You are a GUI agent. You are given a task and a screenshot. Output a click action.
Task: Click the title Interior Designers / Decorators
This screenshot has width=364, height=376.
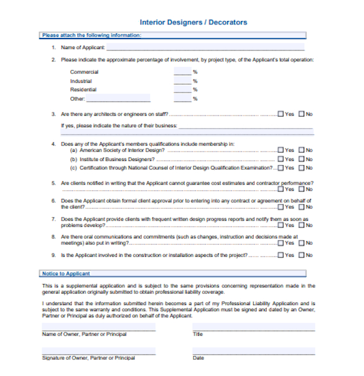pyautogui.click(x=193, y=22)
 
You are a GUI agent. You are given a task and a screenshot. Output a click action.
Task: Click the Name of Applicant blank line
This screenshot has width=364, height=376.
pyautogui.click(x=205, y=48)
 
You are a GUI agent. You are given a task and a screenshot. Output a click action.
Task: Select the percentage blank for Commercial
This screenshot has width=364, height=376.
pyautogui.click(x=182, y=72)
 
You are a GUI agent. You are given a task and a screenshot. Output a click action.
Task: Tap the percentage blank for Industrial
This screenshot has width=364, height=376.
pyautogui.click(x=182, y=81)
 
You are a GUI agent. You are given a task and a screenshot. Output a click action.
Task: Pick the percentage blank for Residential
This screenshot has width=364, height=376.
pyautogui.click(x=182, y=89)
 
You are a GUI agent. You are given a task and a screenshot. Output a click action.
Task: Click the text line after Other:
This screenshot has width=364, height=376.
pyautogui.click(x=118, y=99)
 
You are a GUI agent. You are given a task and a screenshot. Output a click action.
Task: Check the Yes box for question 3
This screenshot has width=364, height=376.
pyautogui.click(x=281, y=114)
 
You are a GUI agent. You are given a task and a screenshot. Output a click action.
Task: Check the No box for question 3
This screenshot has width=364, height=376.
pyautogui.click(x=302, y=114)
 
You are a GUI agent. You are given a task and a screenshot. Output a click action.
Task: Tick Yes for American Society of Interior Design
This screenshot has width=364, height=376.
pyautogui.click(x=281, y=150)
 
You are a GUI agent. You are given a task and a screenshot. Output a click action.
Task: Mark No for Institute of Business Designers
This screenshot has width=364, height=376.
pyautogui.click(x=302, y=159)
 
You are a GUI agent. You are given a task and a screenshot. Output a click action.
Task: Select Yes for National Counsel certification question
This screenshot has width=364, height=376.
pyautogui.click(x=281, y=168)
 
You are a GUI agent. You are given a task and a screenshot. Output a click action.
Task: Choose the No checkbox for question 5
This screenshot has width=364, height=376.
pyautogui.click(x=302, y=190)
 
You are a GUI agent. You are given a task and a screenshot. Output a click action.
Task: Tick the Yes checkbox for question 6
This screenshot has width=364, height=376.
pyautogui.click(x=281, y=208)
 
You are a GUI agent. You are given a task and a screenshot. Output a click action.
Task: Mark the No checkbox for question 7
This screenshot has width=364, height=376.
pyautogui.click(x=302, y=226)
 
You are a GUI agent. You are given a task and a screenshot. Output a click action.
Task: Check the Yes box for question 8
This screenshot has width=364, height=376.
pyautogui.click(x=281, y=243)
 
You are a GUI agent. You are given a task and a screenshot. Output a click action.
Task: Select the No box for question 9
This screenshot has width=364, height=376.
pyautogui.click(x=302, y=255)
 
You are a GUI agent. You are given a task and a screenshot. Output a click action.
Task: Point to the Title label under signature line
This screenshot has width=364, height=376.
pyautogui.click(x=198, y=334)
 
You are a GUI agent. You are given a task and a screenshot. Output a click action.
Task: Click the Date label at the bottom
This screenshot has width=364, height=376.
pyautogui.click(x=198, y=358)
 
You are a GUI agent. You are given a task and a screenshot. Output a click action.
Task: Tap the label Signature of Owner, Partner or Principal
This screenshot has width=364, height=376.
pyautogui.click(x=88, y=358)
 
